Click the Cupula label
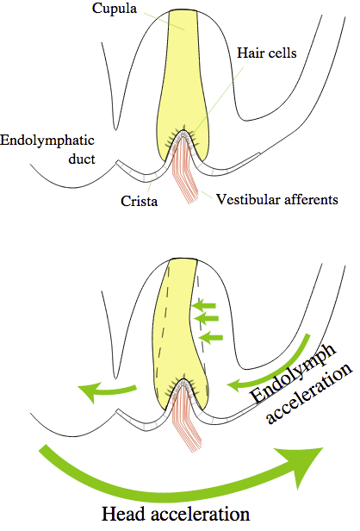click(x=115, y=9)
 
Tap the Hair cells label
click(x=267, y=53)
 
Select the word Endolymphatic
click(x=47, y=141)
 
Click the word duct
click(x=82, y=159)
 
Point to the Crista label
click(x=139, y=201)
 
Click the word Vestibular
click(x=248, y=199)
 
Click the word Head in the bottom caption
click(x=124, y=514)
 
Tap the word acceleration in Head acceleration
click(x=201, y=514)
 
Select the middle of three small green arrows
click(x=206, y=318)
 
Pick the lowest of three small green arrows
click(x=210, y=337)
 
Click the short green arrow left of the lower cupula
click(x=107, y=390)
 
